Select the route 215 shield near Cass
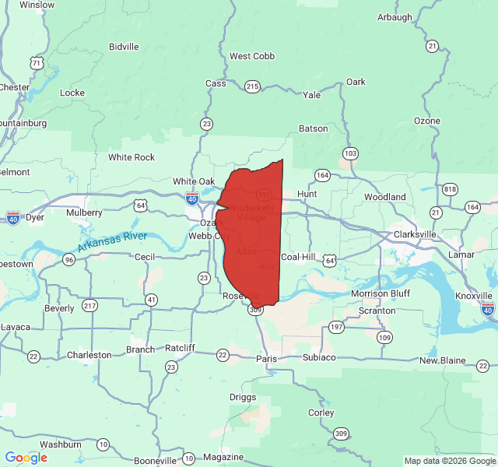coord(252,86)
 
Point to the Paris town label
coord(266,359)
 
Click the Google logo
coord(26,458)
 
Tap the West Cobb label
coord(252,56)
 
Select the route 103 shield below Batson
coord(350,153)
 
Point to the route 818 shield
coord(450,190)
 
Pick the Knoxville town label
coord(474,296)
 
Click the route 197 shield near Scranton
coord(336,327)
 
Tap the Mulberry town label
coord(85,212)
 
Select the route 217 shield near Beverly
coord(90,305)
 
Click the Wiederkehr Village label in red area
coord(247,212)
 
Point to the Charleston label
coord(89,355)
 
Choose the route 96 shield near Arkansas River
coord(69,259)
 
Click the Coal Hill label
coord(298,257)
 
